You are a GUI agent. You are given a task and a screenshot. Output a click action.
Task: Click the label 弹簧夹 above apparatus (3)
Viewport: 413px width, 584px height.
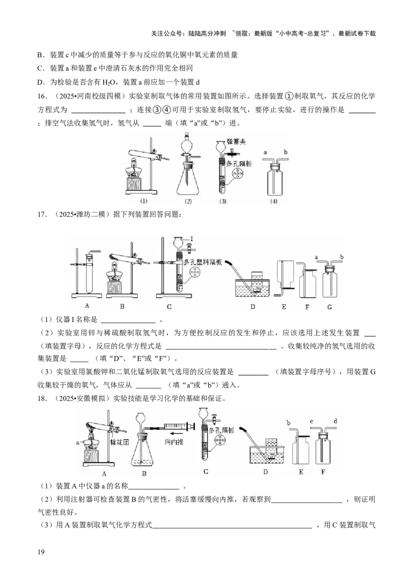point(236,142)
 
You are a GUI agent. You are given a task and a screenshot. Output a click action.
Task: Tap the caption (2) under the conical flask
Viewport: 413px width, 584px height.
point(188,201)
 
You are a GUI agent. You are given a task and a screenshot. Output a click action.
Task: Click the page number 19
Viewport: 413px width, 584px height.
point(41,552)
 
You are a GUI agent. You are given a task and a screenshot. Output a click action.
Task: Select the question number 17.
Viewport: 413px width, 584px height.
point(42,214)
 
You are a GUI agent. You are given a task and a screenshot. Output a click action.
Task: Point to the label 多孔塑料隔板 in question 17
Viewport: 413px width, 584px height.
point(203,262)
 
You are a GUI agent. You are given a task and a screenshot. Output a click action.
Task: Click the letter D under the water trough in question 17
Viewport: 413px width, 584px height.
point(253,307)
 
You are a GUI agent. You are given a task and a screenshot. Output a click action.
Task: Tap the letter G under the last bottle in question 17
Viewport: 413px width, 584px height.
point(329,307)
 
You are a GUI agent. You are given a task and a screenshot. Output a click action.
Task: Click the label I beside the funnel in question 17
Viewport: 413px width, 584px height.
point(192,239)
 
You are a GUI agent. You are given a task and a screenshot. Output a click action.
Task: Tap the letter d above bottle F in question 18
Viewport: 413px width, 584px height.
point(336,421)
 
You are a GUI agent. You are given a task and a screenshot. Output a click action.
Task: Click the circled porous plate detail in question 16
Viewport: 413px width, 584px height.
point(237,174)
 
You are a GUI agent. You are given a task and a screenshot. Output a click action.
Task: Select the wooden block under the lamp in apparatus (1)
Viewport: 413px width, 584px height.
point(136,184)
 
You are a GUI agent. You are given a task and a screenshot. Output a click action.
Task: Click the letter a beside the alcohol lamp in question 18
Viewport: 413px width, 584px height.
point(77,443)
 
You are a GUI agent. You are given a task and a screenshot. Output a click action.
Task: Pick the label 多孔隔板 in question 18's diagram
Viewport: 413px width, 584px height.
point(221,431)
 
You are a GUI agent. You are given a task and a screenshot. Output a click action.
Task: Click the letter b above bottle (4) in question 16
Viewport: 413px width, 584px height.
point(285,152)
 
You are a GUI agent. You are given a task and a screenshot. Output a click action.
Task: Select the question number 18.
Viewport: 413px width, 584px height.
point(42,399)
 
